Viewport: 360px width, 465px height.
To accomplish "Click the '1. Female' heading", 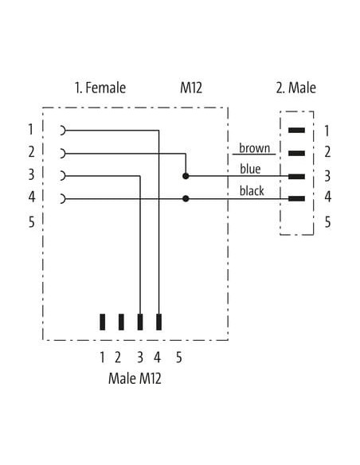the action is coord(100,88).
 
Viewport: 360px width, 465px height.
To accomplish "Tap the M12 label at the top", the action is coord(191,88).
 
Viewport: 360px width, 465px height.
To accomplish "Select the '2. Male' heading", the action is coord(296,88).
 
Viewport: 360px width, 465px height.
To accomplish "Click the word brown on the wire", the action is coord(254,148).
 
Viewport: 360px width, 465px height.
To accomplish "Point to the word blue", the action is coord(250,169).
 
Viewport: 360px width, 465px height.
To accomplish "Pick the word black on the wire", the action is coord(252,190).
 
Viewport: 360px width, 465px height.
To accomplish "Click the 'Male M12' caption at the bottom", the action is coord(135,379).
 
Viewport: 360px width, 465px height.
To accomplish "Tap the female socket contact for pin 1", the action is coord(63,131).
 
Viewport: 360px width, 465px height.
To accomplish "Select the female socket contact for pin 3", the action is coord(63,176).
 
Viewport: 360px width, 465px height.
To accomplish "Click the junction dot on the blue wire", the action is coord(186,176).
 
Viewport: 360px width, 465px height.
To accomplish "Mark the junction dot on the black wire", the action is coord(186,198).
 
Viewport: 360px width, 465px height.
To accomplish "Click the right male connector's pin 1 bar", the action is coord(296,131).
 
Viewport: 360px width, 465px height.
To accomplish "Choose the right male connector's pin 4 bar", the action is coord(296,199).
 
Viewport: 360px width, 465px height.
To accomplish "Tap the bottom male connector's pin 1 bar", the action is coord(102,322).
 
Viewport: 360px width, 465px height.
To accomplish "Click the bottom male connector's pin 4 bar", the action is coord(159,322).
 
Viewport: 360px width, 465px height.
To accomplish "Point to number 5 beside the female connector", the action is coord(31,222).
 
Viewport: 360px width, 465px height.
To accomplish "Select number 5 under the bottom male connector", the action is coord(178,358).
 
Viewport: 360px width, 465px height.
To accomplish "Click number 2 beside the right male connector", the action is coord(327,152).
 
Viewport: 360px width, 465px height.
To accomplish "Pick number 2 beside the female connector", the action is coord(31,152).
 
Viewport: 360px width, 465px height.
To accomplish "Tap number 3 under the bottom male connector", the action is coord(140,358).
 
